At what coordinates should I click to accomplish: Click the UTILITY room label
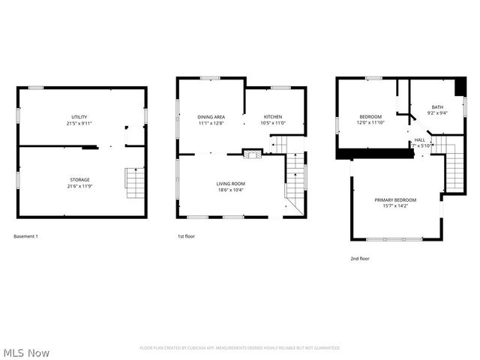coord(79,117)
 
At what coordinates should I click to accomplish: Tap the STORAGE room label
coord(80,180)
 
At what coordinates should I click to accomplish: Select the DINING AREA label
coord(211,117)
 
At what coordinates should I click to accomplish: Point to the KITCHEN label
coord(272,117)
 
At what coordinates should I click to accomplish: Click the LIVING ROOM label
coord(231,184)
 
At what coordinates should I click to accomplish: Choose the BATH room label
coord(436,107)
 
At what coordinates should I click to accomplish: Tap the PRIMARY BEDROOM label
coord(395,199)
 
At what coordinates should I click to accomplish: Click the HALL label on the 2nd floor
coord(420,139)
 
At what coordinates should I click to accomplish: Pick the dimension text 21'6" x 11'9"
coord(80,187)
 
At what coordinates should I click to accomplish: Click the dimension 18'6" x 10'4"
coord(231,190)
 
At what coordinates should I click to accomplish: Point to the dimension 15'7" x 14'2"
coord(395,206)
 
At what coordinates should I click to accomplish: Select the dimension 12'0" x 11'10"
coord(370,123)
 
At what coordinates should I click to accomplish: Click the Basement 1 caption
coord(26,236)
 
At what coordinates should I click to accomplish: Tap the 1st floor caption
coord(186,236)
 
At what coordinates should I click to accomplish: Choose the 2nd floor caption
coord(360,258)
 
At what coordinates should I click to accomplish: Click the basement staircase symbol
coord(135,183)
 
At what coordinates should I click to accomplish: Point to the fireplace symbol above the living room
coord(253,153)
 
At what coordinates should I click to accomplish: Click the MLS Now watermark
coord(26,352)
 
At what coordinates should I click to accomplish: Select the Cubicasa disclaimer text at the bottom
coord(240,348)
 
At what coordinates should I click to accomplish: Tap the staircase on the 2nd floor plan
coord(454,163)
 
